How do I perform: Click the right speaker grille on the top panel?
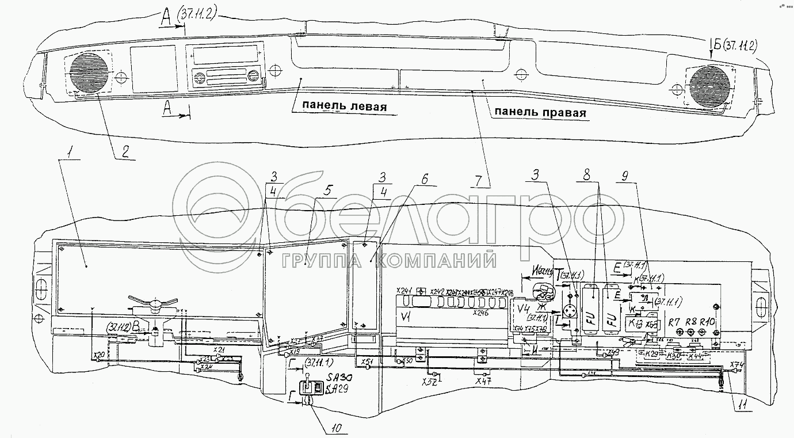(x=711, y=86)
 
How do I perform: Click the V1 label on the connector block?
(x=406, y=316)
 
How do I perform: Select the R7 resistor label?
(x=674, y=321)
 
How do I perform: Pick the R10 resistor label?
(x=707, y=321)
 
